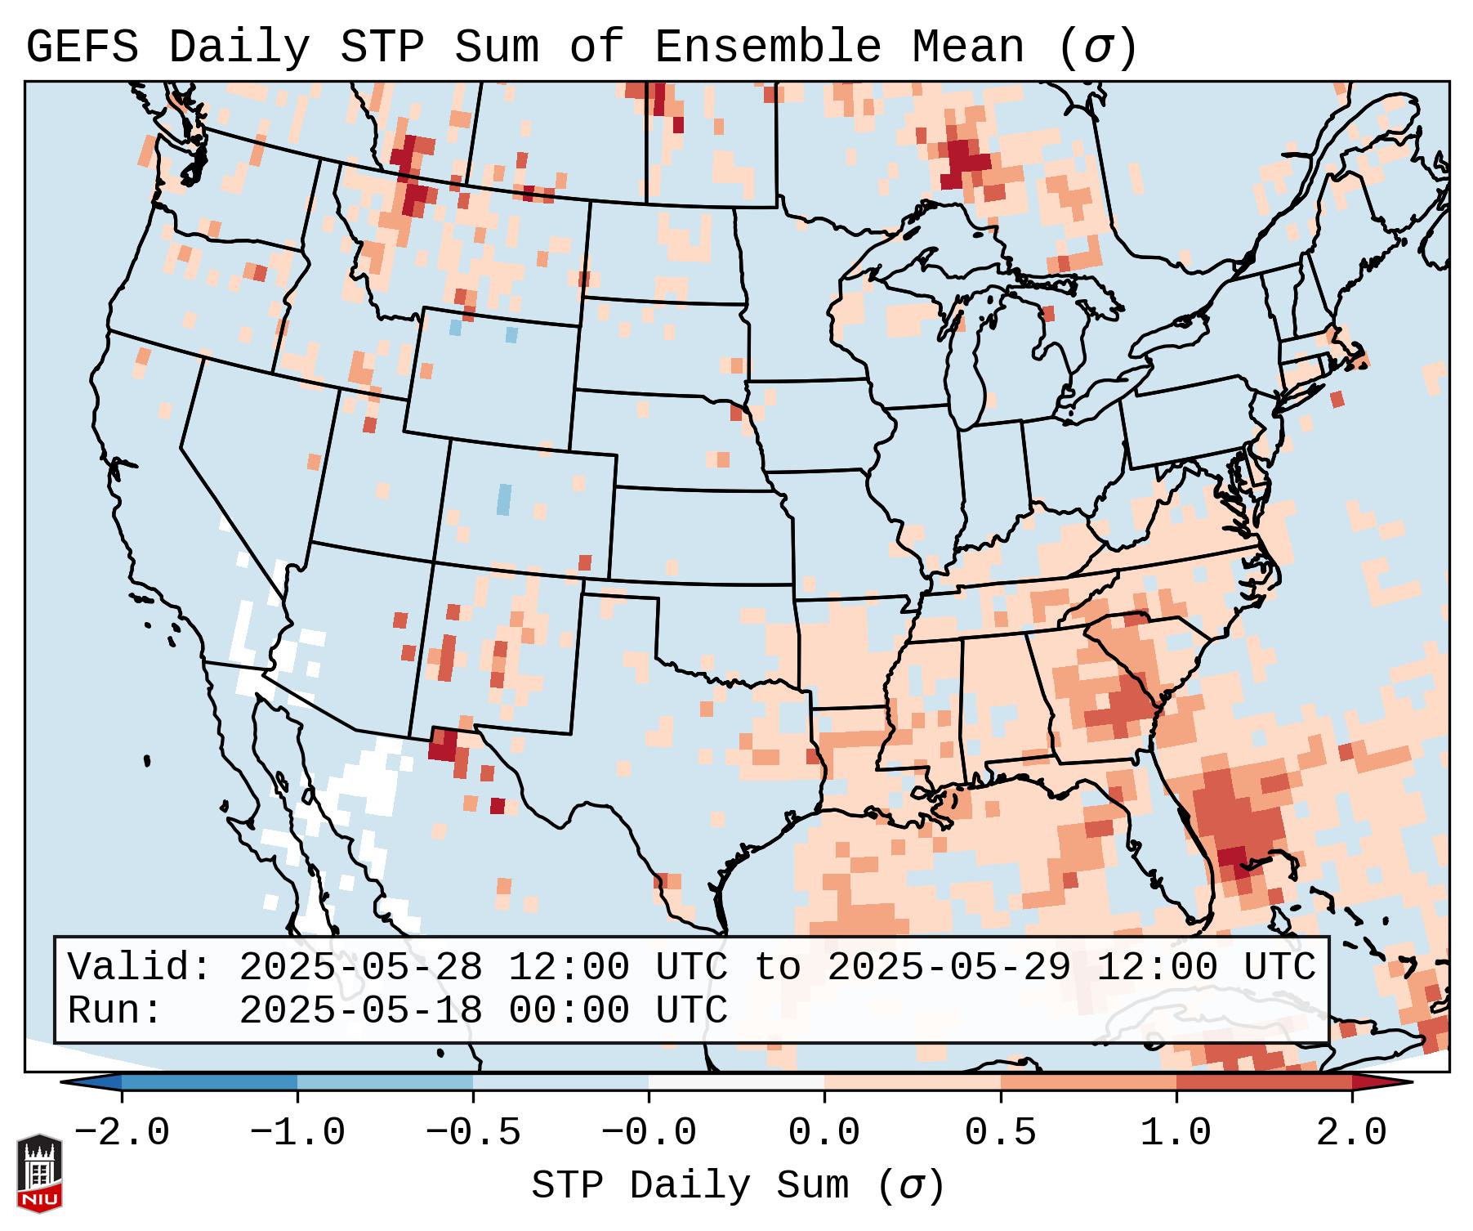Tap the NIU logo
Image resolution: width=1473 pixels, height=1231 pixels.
click(39, 1173)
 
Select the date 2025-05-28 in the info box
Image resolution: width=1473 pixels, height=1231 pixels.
click(360, 968)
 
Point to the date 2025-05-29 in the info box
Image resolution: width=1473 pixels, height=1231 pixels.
click(949, 968)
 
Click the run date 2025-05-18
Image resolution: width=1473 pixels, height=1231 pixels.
click(360, 1010)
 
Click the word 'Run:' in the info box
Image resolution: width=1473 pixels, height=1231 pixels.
click(115, 1010)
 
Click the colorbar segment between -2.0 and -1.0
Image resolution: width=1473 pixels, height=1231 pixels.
click(209, 1082)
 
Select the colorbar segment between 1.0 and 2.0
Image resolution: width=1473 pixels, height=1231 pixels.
click(1264, 1082)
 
